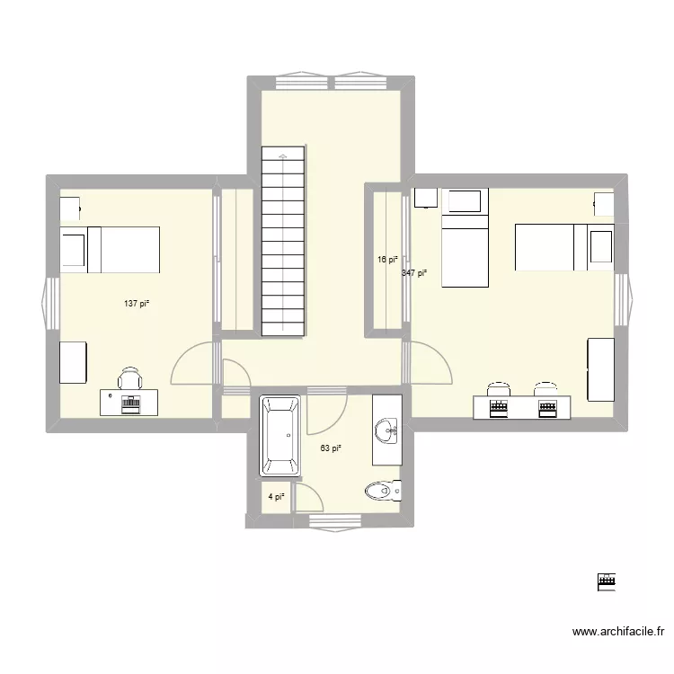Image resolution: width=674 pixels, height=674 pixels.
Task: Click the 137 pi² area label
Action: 137,304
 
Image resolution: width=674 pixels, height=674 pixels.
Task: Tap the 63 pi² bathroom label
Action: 331,448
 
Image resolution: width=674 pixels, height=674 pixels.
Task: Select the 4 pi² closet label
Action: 276,496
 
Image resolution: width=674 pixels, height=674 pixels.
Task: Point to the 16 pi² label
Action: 387,259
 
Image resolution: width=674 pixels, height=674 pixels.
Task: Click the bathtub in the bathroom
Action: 281,436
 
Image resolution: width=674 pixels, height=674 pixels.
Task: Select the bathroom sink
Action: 389,430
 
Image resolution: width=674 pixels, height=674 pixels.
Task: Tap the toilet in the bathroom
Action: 385,491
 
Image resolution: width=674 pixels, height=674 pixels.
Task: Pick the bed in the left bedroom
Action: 109,249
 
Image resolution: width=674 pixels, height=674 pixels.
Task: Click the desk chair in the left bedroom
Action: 130,378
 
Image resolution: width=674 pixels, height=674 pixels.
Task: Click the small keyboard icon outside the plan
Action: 607,582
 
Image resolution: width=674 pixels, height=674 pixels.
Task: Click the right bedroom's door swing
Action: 430,364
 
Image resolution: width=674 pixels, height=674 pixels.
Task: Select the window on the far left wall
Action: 46,299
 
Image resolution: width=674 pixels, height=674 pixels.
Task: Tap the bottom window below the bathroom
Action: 334,520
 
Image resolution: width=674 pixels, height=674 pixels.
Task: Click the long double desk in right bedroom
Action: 522,408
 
